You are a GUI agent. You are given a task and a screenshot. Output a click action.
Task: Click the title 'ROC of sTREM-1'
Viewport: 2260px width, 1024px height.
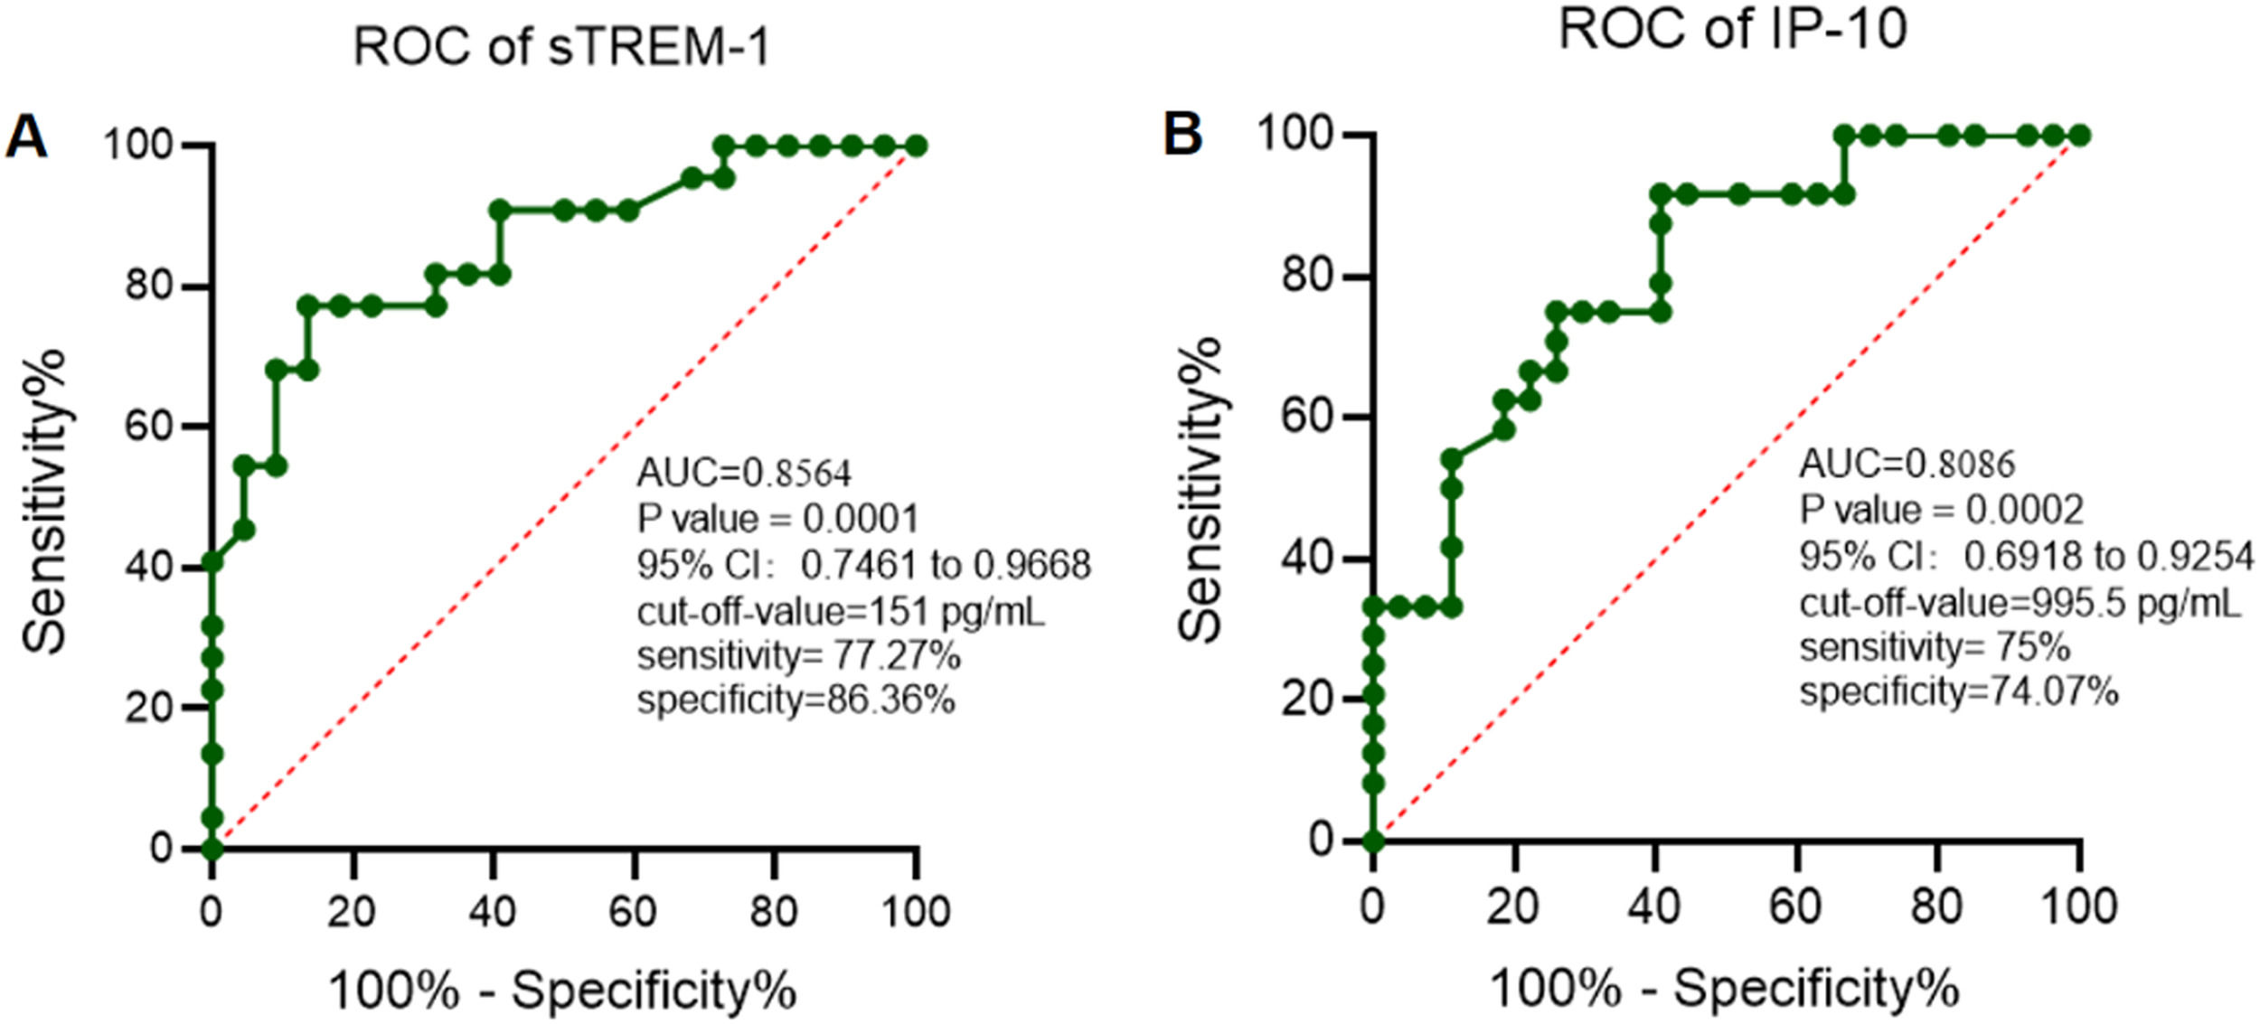pos(560,47)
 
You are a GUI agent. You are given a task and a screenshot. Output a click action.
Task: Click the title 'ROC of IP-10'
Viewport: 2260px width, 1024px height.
pos(1732,29)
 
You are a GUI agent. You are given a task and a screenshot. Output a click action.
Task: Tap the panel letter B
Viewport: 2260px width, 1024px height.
pos(1182,133)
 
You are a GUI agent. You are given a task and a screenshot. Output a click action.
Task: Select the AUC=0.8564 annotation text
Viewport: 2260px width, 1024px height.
pos(744,473)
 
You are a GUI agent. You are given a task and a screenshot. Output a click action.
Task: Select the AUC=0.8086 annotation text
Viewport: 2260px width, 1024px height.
pos(1907,464)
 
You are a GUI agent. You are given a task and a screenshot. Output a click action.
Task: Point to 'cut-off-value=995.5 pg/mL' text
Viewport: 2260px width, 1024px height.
pos(2020,603)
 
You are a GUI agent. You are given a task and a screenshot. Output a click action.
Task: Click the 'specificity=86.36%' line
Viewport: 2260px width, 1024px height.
pos(796,700)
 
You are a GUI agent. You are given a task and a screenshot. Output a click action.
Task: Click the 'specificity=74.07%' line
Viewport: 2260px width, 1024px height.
pos(1958,692)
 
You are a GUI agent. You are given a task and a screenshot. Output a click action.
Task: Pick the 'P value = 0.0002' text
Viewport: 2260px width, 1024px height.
pos(1941,510)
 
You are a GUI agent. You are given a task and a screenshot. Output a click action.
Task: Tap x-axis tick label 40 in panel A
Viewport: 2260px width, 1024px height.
pos(493,912)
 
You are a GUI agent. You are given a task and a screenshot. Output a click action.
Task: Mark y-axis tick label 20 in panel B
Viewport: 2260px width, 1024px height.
pos(1307,700)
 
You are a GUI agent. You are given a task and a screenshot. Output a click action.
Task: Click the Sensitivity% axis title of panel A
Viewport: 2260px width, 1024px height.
pos(45,502)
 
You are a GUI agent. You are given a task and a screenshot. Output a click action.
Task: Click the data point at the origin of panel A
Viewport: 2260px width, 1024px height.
pos(212,849)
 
